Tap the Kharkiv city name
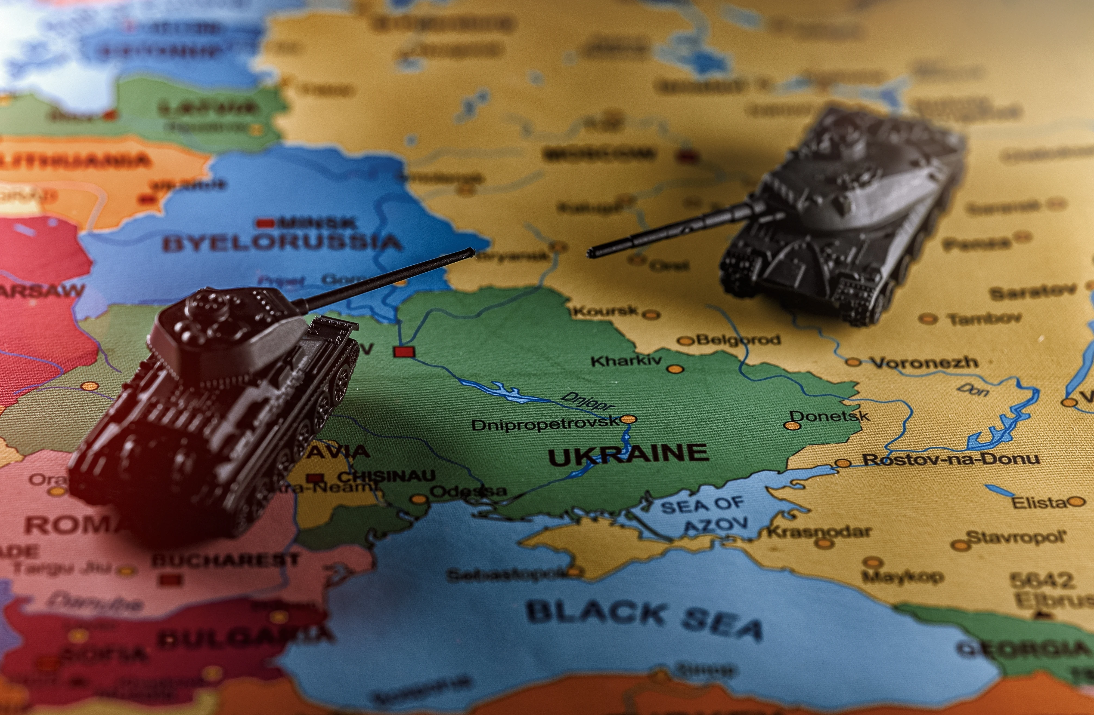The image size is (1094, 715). click(626, 361)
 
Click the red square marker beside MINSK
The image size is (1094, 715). click(265, 224)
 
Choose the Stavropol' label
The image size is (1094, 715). click(1016, 537)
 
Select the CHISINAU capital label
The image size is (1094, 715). click(386, 476)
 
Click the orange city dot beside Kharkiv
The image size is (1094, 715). click(675, 369)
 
